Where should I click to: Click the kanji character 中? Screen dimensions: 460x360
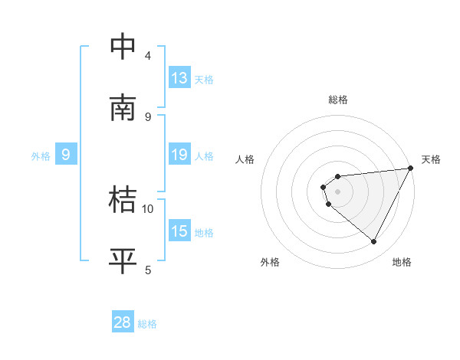pyautogui.click(x=123, y=47)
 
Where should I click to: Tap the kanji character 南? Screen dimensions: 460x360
pyautogui.click(x=123, y=108)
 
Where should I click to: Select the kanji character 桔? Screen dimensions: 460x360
pyautogui.click(x=123, y=200)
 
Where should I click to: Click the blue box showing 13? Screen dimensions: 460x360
pyautogui.click(x=179, y=77)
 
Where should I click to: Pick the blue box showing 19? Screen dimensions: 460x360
pyautogui.click(x=179, y=155)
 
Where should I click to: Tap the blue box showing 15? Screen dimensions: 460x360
pyautogui.click(x=179, y=231)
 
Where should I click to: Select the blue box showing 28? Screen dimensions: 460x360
pyautogui.click(x=123, y=322)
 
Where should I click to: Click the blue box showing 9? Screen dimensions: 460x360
pyautogui.click(x=66, y=155)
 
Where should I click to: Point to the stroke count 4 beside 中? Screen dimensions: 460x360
pyautogui.click(x=148, y=55)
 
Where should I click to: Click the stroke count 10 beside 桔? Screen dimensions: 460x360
pyautogui.click(x=148, y=208)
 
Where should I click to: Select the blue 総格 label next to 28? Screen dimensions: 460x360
pyautogui.click(x=147, y=324)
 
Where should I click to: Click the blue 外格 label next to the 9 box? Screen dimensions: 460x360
pyautogui.click(x=41, y=156)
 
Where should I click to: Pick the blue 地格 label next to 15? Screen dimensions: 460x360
pyautogui.click(x=204, y=233)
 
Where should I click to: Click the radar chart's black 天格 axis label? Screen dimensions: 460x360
pyautogui.click(x=431, y=159)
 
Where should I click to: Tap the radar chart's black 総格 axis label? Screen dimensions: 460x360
pyautogui.click(x=338, y=100)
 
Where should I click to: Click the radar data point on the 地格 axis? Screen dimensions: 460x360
pyautogui.click(x=374, y=241)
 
